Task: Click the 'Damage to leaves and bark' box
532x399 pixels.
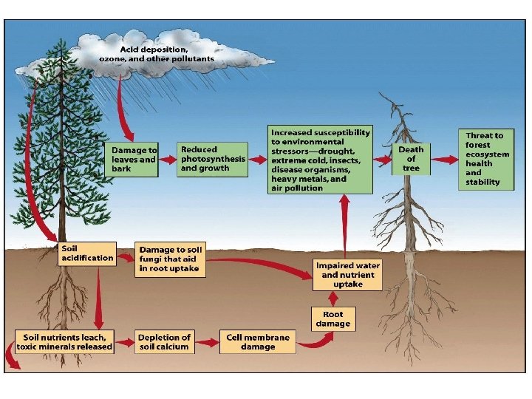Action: click(x=134, y=159)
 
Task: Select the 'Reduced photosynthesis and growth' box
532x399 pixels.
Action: click(x=213, y=159)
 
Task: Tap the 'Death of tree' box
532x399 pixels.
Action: click(x=411, y=159)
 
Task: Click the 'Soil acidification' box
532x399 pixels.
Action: click(x=87, y=253)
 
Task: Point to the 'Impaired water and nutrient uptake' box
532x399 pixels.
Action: click(x=348, y=274)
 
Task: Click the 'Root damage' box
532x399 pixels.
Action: click(x=332, y=318)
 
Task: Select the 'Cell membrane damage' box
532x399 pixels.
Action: click(x=258, y=341)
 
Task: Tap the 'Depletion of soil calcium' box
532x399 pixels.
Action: click(x=165, y=341)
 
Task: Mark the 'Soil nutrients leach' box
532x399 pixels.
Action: click(x=65, y=341)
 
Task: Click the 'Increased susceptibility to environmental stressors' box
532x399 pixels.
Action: click(x=320, y=159)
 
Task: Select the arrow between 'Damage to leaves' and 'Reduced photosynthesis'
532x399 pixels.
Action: click(x=168, y=159)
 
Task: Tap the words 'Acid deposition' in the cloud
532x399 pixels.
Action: click(x=154, y=49)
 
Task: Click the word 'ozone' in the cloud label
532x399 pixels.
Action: click(x=113, y=58)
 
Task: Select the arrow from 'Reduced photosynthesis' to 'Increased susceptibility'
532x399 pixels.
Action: click(x=257, y=159)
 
